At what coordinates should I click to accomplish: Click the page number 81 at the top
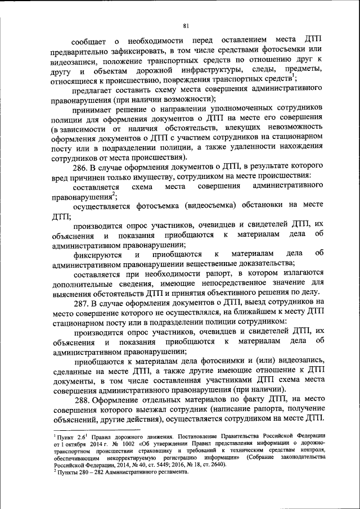(x=186, y=25)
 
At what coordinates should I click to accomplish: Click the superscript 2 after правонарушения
(x=113, y=194)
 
